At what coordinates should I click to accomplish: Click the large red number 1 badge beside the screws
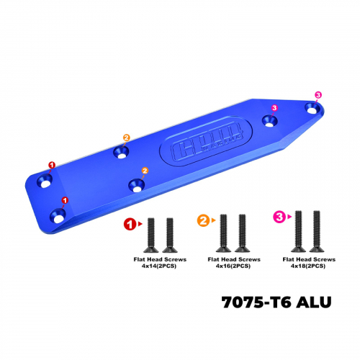(x=130, y=224)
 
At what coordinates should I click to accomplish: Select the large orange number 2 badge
(x=203, y=220)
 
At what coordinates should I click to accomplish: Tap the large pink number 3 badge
(x=279, y=217)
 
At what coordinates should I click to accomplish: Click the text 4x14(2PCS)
(x=159, y=266)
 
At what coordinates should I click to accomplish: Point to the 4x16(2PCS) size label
(x=233, y=266)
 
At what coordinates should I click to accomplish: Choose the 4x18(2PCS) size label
(x=308, y=266)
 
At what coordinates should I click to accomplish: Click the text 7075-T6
(x=256, y=302)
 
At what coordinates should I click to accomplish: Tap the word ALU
(x=313, y=302)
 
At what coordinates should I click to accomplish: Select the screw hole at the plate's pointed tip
(x=312, y=109)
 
